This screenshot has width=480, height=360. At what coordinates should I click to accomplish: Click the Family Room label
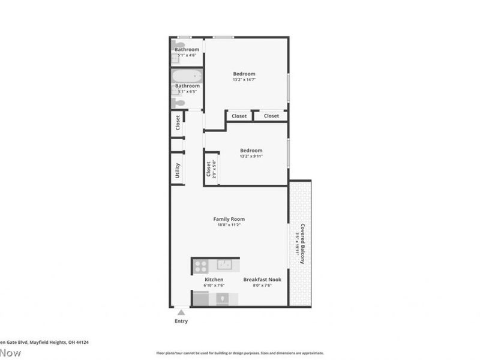point(229,219)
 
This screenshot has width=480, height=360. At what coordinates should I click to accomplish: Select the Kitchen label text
point(214,280)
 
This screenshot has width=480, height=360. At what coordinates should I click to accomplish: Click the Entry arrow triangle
point(181,311)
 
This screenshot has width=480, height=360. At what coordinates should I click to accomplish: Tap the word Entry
point(181,321)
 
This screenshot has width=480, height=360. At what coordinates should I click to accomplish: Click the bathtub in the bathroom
point(187,77)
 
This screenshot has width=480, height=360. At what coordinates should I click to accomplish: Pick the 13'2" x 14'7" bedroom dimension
point(244,80)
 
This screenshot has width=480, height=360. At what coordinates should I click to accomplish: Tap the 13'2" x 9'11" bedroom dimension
point(251,156)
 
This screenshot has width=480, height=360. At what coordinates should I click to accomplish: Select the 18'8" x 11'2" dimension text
point(229,226)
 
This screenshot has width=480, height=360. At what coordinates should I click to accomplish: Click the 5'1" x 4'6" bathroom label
point(187,55)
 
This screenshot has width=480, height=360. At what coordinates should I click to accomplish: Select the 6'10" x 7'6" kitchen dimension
point(214,286)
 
